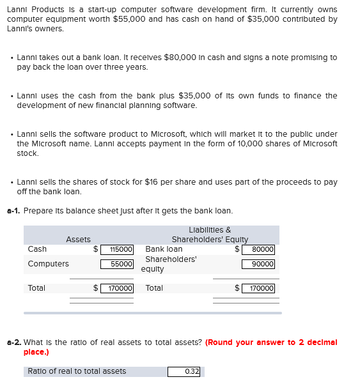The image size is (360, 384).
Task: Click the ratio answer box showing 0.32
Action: point(185,371)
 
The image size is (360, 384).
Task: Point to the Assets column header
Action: point(78,240)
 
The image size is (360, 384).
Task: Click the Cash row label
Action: point(37,249)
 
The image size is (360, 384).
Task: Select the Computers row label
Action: point(48,264)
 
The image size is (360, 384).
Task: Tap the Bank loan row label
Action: point(164,249)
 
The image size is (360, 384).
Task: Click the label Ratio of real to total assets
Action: point(77,371)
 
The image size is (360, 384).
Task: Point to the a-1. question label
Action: point(13,211)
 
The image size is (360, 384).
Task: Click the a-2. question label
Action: point(13,342)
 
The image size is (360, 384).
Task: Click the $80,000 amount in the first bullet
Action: point(184,58)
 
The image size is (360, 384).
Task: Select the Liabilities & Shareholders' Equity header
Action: point(210,234)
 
